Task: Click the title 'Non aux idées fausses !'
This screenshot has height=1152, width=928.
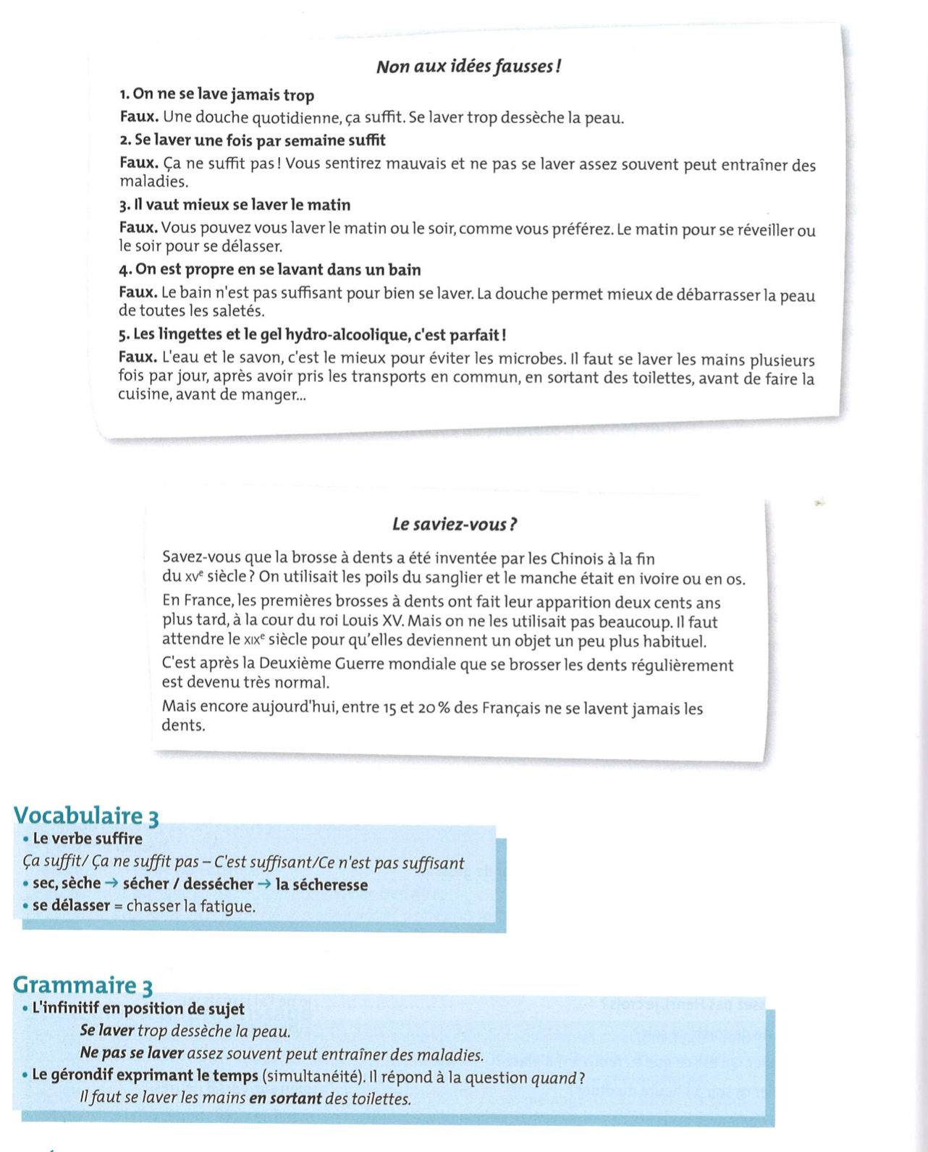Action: (x=468, y=67)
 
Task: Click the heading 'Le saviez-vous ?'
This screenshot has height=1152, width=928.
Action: (x=454, y=524)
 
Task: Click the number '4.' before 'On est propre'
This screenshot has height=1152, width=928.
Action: (x=125, y=270)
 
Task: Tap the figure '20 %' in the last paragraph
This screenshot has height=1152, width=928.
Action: (x=434, y=708)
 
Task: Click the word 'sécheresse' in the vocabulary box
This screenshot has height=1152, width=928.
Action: (x=332, y=884)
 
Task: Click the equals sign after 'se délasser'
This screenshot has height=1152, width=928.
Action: (x=119, y=906)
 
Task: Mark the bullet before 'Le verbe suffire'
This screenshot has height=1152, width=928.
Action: (x=26, y=839)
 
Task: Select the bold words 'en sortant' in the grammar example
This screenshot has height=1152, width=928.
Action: (x=284, y=1099)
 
